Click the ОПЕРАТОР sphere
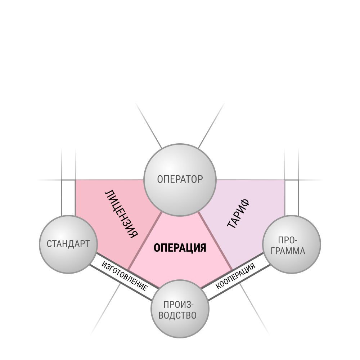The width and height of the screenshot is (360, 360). (x=180, y=180)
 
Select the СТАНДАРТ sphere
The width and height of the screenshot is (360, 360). (x=68, y=244)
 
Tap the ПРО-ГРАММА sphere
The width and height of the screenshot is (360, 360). (x=291, y=244)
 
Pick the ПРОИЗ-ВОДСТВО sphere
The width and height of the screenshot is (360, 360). (x=180, y=309)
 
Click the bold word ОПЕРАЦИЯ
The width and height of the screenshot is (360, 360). (x=180, y=248)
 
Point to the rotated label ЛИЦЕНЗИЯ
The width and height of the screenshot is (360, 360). (x=121, y=214)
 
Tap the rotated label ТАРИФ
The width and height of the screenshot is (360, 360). (x=238, y=214)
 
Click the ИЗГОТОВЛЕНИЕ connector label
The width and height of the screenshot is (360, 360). (x=124, y=276)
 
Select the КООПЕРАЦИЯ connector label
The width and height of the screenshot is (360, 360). (x=235, y=276)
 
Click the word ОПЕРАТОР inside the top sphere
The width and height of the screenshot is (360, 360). (x=180, y=179)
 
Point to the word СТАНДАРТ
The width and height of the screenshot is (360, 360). (x=68, y=244)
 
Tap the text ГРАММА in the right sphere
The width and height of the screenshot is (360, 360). (x=288, y=251)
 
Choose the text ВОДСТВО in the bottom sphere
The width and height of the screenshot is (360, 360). (x=177, y=315)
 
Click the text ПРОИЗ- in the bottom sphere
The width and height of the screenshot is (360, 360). (x=179, y=305)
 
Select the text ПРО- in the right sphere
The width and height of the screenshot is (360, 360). (x=288, y=240)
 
